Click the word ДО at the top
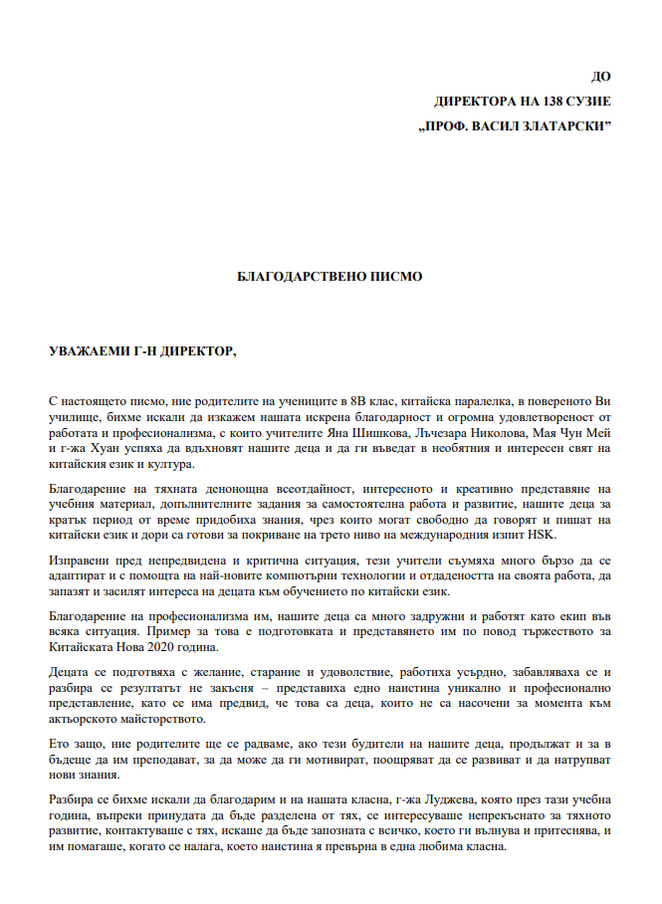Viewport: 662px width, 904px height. tap(600, 77)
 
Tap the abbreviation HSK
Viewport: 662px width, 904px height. tap(542, 535)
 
